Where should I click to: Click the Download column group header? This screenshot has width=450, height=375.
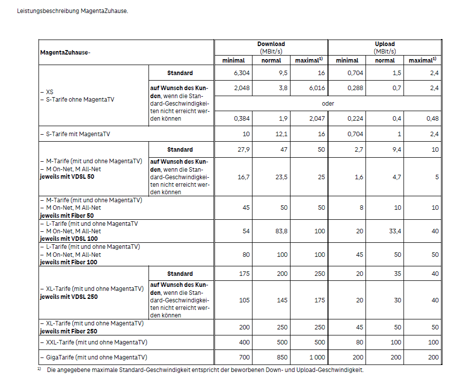click(271, 44)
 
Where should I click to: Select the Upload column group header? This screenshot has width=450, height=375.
click(385, 44)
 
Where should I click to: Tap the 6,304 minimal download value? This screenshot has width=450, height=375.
click(241, 73)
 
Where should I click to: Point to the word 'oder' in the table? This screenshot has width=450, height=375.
click(328, 104)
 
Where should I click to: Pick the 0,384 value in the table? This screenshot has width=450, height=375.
click(241, 119)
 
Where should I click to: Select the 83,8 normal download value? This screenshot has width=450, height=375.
click(281, 231)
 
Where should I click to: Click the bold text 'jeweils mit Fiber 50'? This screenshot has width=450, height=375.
click(66, 215)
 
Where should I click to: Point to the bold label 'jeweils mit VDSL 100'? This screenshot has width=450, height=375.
click(68, 239)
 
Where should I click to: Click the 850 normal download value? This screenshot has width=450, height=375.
click(283, 357)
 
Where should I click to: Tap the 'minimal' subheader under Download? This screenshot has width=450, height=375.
click(233, 61)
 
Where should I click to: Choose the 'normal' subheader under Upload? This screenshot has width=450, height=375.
click(385, 61)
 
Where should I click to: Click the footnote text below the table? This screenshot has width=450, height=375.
click(205, 369)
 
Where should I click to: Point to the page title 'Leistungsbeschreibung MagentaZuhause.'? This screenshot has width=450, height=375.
click(72, 11)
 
